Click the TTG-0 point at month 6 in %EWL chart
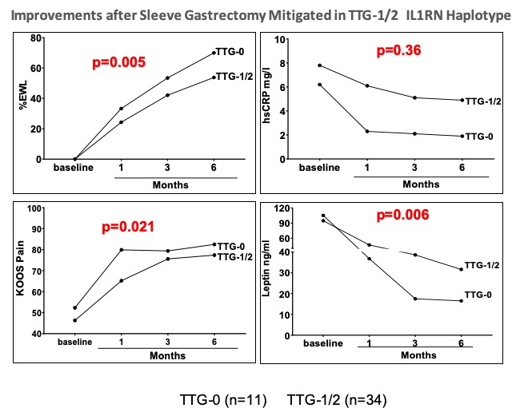click(x=214, y=53)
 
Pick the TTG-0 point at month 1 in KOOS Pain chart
click(x=121, y=250)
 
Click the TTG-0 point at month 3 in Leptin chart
click(x=415, y=299)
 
